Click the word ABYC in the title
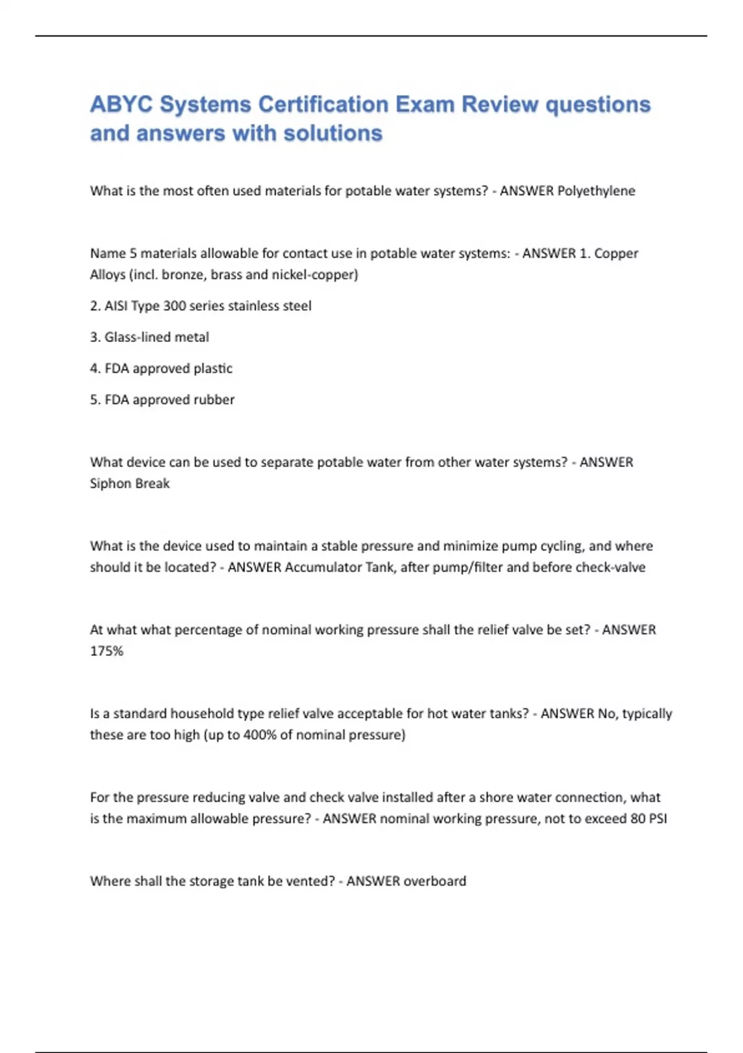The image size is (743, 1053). pyautogui.click(x=121, y=104)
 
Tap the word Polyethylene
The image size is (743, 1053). pyautogui.click(x=596, y=191)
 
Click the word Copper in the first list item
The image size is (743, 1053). pyautogui.click(x=616, y=253)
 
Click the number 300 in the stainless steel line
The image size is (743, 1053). pyautogui.click(x=175, y=306)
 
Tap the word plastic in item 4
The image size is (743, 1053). pyautogui.click(x=213, y=369)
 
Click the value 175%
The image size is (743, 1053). pyautogui.click(x=106, y=651)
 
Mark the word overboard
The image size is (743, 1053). pyautogui.click(x=437, y=881)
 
